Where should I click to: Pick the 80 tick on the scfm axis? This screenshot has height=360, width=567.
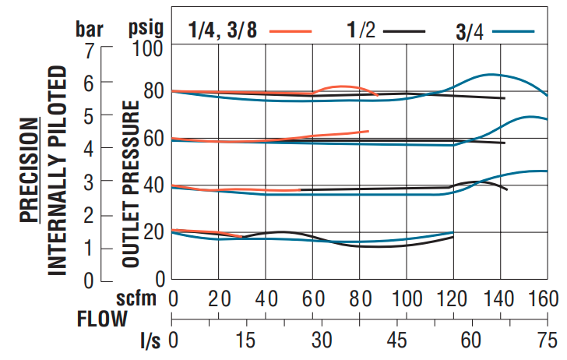pyautogui.click(x=360, y=299)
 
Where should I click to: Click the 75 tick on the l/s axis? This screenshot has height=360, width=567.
pyautogui.click(x=545, y=341)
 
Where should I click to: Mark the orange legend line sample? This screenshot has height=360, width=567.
pyautogui.click(x=291, y=31)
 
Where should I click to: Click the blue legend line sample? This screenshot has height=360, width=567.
pyautogui.click(x=514, y=32)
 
